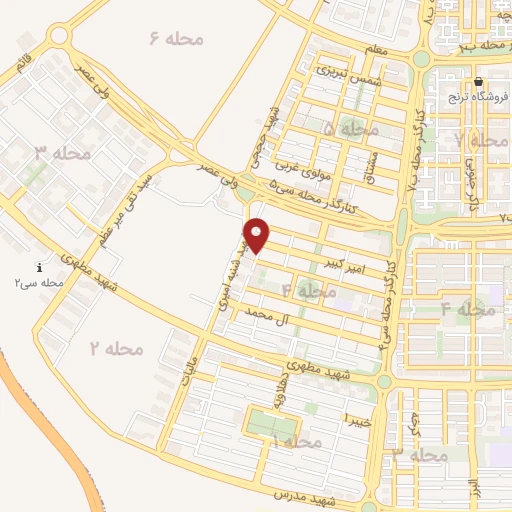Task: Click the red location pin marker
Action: click(258, 235)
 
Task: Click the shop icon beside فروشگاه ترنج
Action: click(479, 82)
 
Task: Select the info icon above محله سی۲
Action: click(38, 268)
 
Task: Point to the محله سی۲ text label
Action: click(39, 284)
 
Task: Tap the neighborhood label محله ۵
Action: click(351, 129)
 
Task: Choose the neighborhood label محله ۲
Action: click(117, 349)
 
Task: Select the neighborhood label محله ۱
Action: click(297, 441)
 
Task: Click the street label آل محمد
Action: click(251, 315)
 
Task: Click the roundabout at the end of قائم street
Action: click(58, 36)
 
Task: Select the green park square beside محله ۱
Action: click(264, 425)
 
